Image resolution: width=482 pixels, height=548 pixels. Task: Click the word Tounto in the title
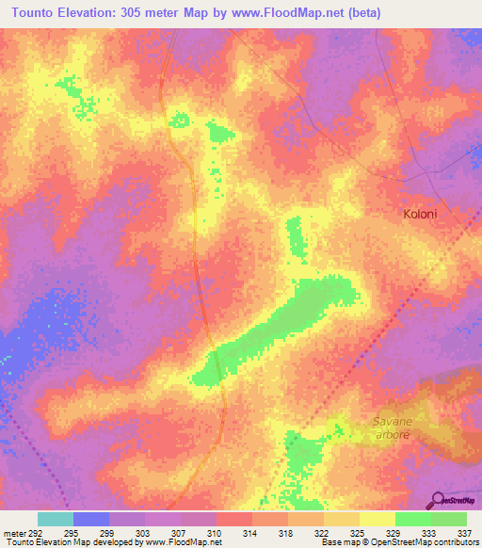coord(37,12)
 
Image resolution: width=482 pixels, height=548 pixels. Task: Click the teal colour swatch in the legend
coord(56,519)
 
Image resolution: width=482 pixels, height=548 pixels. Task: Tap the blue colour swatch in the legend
coord(91,519)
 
